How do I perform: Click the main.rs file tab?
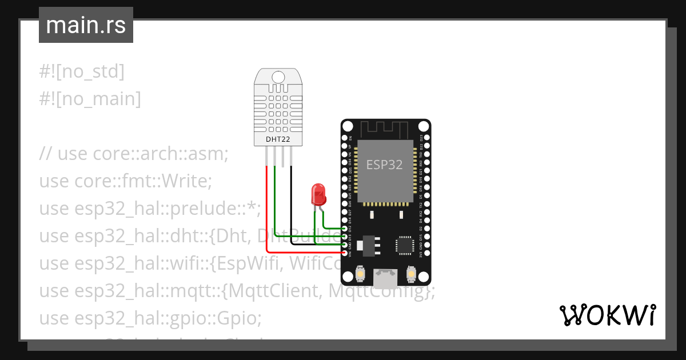[86, 25]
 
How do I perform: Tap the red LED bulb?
[318, 194]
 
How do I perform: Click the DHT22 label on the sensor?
[278, 139]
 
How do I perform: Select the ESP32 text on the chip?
[384, 165]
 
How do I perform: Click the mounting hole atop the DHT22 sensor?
[278, 77]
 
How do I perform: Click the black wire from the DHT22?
[291, 206]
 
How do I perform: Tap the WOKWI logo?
[607, 315]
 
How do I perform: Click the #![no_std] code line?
[82, 71]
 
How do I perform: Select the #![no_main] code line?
[90, 99]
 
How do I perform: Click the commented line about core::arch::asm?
[134, 154]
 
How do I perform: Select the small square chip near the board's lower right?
[405, 245]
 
